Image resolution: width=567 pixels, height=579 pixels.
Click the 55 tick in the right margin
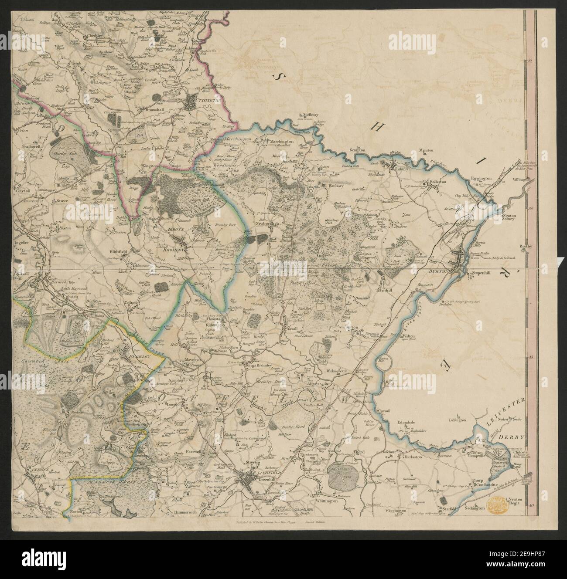[531, 61]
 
